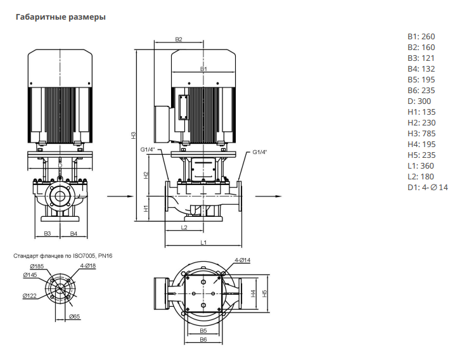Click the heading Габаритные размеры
(60, 17)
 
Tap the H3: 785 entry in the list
(421, 133)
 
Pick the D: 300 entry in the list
(419, 101)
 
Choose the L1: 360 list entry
(421, 165)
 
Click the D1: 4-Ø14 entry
(427, 187)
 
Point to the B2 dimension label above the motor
(179, 40)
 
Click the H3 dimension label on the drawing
(134, 135)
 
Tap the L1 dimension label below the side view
(203, 242)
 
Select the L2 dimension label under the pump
(184, 226)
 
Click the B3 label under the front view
(48, 234)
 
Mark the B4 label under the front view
(74, 234)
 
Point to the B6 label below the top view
(203, 340)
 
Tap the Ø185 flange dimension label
(36, 266)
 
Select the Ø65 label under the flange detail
(74, 316)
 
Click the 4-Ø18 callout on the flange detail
(87, 266)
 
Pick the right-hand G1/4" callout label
(260, 152)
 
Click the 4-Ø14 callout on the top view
(243, 260)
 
